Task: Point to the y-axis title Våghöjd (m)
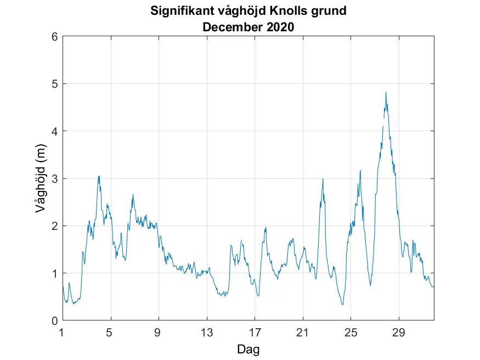(x=40, y=179)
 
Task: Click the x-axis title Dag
(x=248, y=349)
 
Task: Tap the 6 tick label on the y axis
(x=54, y=37)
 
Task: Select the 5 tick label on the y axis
(x=54, y=84)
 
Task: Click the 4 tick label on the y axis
(x=54, y=131)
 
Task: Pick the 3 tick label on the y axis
(x=54, y=179)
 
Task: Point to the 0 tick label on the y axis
(x=54, y=320)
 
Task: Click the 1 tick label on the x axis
(x=63, y=332)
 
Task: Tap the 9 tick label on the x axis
(x=159, y=332)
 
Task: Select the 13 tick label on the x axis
(x=207, y=332)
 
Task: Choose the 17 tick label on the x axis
(x=255, y=332)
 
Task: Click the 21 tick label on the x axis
(x=303, y=332)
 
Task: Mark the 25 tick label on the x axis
(x=351, y=332)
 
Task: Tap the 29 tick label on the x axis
(x=399, y=332)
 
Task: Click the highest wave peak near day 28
(x=386, y=92)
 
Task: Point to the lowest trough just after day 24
(x=342, y=305)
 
